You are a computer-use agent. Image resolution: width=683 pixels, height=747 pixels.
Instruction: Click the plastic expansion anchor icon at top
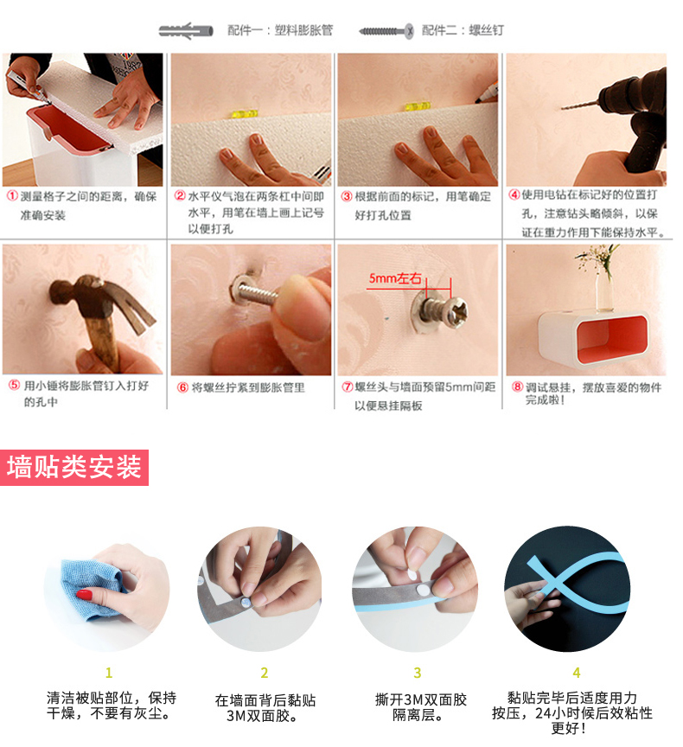186,31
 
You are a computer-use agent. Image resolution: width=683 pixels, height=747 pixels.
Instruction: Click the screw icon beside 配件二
386,31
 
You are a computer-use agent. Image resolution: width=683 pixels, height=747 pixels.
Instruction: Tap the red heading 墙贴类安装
74,467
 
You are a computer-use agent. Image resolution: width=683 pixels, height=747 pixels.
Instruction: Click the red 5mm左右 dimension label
395,278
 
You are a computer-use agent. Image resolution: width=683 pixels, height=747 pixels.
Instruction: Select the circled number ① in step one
12,196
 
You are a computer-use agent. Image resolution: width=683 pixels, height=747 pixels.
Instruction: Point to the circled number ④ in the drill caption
514,195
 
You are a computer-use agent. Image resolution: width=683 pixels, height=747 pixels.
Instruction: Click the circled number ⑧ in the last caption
518,386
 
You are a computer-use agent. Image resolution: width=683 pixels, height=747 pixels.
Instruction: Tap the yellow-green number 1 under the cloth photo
109,672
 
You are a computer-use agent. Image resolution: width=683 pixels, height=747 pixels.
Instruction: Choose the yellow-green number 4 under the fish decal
577,672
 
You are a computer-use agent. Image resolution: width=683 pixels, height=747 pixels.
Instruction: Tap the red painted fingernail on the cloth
85,595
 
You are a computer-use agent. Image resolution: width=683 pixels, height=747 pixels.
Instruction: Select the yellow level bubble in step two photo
245,114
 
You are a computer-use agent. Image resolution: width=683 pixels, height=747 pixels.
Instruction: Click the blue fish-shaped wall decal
578,584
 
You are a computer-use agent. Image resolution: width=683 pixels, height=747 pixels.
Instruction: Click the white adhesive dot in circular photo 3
423,591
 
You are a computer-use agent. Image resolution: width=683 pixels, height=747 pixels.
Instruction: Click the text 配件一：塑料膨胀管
280,30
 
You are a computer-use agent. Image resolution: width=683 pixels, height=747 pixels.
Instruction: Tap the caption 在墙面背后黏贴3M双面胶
265,708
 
